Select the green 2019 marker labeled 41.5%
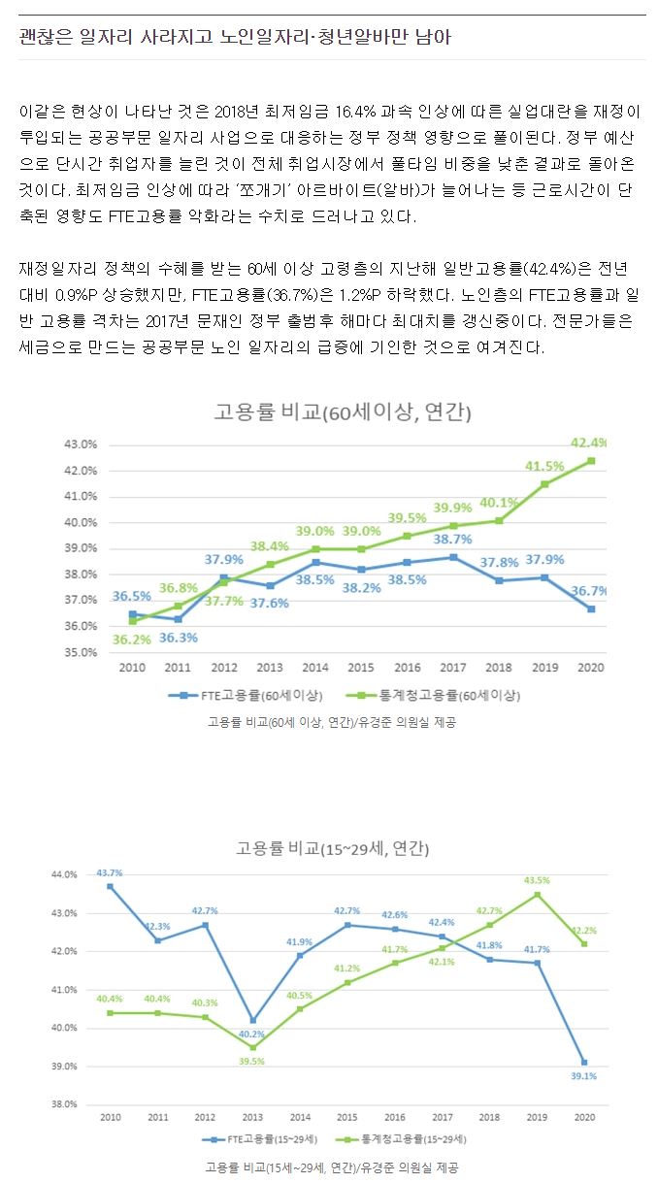(x=544, y=483)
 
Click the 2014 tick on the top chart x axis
(x=314, y=668)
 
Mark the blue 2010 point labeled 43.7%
(x=110, y=886)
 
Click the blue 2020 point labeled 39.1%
(x=583, y=1063)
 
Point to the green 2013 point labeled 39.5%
(x=252, y=1047)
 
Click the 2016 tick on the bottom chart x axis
(x=394, y=1118)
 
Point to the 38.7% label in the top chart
(x=452, y=540)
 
